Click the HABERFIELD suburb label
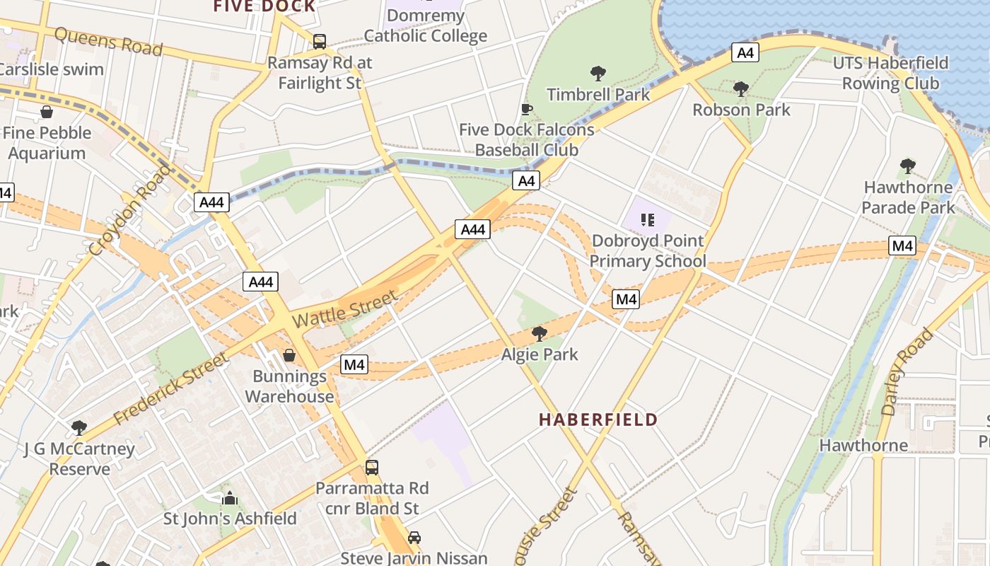(x=598, y=420)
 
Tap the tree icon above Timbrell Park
(x=598, y=73)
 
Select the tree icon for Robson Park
(x=741, y=89)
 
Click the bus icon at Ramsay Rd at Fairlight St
(x=320, y=42)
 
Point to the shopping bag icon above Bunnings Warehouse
(x=289, y=354)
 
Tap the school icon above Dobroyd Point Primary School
(x=647, y=219)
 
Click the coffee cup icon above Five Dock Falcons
(x=526, y=109)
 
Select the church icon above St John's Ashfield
(x=230, y=498)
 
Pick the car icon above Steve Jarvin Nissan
(x=414, y=537)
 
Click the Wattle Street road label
(x=344, y=310)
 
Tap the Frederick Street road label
(x=171, y=389)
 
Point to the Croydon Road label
(x=131, y=210)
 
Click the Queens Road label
(x=108, y=42)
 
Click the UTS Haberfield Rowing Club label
(x=890, y=74)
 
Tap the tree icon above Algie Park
(x=540, y=333)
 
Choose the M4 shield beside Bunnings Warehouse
(x=354, y=364)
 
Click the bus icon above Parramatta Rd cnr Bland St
(x=372, y=468)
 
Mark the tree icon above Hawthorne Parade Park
(x=908, y=167)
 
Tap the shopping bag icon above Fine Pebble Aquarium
(x=47, y=112)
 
